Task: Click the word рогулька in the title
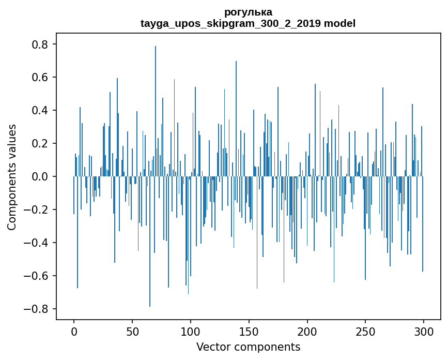[248, 12]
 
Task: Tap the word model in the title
[339, 23]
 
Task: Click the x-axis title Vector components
[248, 347]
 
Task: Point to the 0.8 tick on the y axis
[41, 44]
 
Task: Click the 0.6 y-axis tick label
[41, 78]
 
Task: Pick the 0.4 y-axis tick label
[41, 111]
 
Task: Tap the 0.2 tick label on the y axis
[41, 144]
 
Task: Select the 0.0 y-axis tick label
[41, 177]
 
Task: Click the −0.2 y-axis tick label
[37, 210]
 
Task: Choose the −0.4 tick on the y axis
[37, 243]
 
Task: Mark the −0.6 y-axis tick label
[37, 276]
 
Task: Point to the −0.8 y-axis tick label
[37, 309]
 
